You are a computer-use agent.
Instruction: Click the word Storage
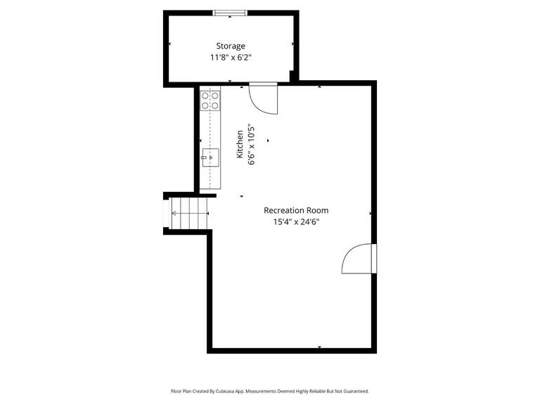pyautogui.click(x=231, y=46)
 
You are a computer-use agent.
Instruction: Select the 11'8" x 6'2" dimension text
pyautogui.click(x=231, y=58)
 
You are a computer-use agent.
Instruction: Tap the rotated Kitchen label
pyautogui.click(x=240, y=143)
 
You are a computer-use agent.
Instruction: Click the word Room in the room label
pyautogui.click(x=319, y=210)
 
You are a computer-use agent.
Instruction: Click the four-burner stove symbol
pyautogui.click(x=210, y=100)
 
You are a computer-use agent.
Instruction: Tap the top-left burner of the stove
pyautogui.click(x=205, y=95)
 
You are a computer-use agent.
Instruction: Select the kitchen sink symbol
pyautogui.click(x=210, y=155)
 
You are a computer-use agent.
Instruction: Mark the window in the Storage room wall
pyautogui.click(x=231, y=12)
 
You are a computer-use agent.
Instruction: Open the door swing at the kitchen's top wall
pyautogui.click(x=264, y=98)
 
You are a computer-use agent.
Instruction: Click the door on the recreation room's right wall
pyautogui.click(x=359, y=258)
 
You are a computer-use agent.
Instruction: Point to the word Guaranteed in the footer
pyautogui.click(x=352, y=391)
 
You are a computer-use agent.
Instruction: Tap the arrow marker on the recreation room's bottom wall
pyautogui.click(x=320, y=347)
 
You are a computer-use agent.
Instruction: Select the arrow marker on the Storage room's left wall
pyautogui.click(x=169, y=44)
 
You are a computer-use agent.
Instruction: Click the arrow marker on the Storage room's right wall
pyautogui.click(x=293, y=44)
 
